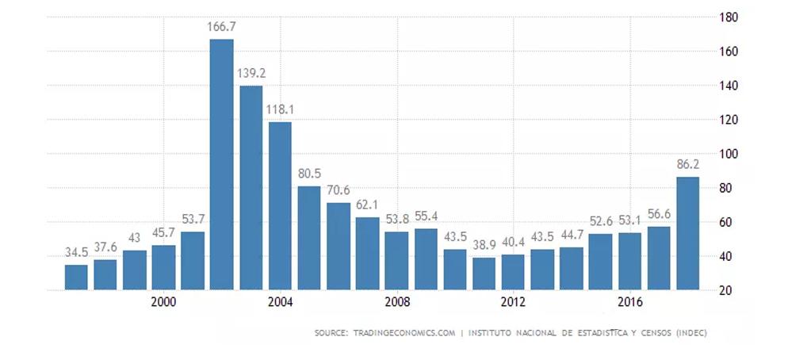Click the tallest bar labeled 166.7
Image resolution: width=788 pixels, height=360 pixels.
click(221, 164)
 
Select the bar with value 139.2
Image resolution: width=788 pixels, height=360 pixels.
click(251, 187)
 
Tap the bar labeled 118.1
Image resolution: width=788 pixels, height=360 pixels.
click(280, 205)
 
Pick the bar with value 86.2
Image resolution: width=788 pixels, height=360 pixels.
click(687, 233)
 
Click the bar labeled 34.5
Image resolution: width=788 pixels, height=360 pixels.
click(76, 277)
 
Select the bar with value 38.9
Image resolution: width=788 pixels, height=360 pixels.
click(484, 274)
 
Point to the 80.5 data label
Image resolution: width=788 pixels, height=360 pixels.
click(308, 174)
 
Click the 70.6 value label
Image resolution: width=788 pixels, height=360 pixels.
click(338, 190)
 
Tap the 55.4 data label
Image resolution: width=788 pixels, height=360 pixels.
click(425, 216)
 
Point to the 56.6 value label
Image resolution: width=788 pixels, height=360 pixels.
click(658, 214)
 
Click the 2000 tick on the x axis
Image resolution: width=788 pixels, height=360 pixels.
click(163, 302)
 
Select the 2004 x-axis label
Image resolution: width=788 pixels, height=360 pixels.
click(280, 302)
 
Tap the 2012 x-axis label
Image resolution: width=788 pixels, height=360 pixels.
click(513, 302)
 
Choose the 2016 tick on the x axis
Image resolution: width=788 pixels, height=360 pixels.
click(629, 302)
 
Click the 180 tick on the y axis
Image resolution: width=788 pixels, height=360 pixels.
click(728, 17)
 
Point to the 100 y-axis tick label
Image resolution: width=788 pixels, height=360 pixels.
click(728, 154)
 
